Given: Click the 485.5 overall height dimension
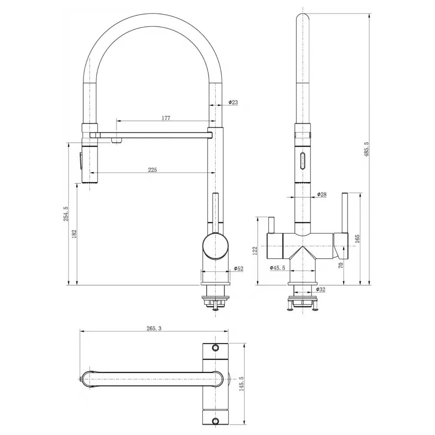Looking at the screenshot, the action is [366, 150].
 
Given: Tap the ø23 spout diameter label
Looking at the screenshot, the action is [233, 102].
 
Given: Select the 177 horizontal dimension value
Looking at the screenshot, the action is [166, 118].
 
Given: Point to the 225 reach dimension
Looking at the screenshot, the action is [152, 170].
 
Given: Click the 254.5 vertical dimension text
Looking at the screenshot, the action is [66, 214].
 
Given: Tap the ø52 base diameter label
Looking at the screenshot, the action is [238, 268].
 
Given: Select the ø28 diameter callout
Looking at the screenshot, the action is [321, 194].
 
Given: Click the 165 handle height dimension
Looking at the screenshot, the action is [357, 238].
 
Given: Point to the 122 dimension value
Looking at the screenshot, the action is [255, 250].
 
